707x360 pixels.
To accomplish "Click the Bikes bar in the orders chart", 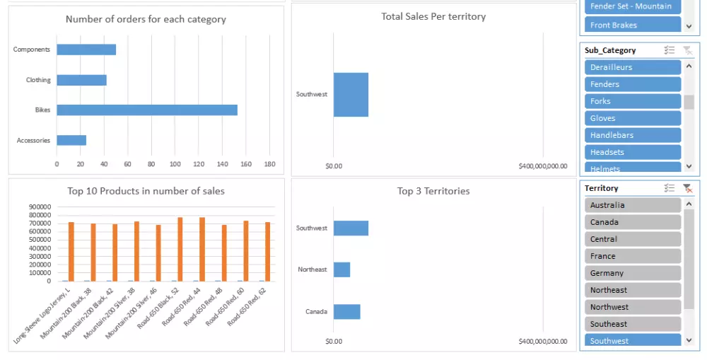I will [147, 110].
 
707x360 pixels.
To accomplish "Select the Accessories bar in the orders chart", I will [71, 140].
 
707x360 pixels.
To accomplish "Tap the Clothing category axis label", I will [38, 80].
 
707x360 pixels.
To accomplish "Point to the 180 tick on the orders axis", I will [269, 164].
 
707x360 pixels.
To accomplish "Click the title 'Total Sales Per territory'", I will [433, 16].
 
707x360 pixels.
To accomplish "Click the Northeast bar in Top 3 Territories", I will [342, 269].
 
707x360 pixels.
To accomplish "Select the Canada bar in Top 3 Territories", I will [347, 311].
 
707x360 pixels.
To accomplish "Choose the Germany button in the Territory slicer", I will [633, 273].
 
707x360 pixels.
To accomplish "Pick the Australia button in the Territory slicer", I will [633, 205].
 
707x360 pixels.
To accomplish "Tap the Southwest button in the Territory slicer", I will [633, 341].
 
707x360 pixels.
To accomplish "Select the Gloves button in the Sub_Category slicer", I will [633, 118].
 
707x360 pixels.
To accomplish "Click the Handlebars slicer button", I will [633, 135].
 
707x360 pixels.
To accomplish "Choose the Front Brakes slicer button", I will [633, 25].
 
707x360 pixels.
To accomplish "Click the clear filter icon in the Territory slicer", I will [687, 188].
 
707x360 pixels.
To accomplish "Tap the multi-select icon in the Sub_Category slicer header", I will [669, 50].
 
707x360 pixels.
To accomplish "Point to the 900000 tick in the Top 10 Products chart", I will [40, 207].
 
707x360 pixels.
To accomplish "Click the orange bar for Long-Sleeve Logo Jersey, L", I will [71, 251].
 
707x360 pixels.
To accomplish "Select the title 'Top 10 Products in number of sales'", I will [146, 191].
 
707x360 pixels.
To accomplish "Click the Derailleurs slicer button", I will [633, 67].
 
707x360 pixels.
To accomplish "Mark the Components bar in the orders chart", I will [86, 50].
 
